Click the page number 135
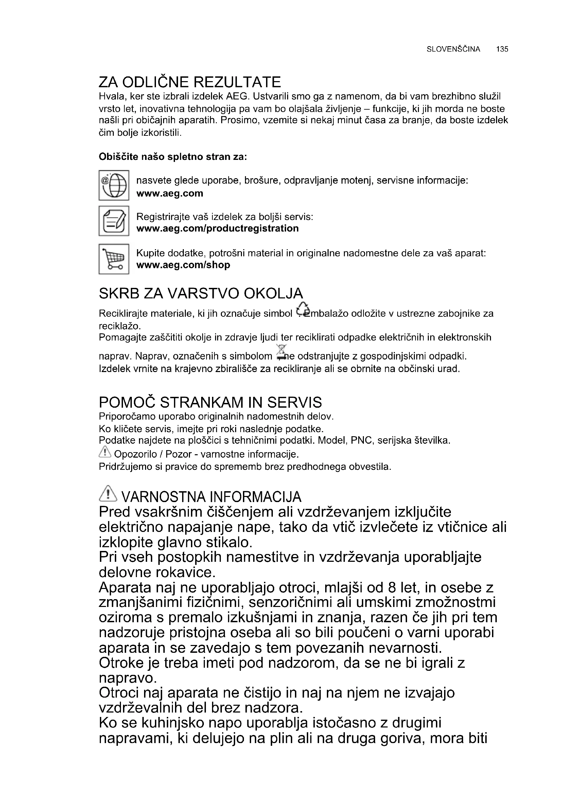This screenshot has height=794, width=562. (x=502, y=49)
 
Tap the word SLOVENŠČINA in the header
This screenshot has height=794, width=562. (x=453, y=49)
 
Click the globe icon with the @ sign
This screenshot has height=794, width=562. (x=114, y=185)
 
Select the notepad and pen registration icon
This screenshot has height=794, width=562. (x=114, y=221)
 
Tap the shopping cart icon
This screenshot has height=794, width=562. (x=114, y=259)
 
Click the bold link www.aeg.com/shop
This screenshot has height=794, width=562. (x=183, y=265)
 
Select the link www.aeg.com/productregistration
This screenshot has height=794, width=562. (x=217, y=228)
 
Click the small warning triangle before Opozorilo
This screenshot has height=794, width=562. (x=105, y=451)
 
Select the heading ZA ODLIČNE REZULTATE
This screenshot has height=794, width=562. (x=190, y=82)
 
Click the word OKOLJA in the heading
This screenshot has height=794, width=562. (x=274, y=294)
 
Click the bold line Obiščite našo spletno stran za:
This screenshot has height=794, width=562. (x=173, y=157)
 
